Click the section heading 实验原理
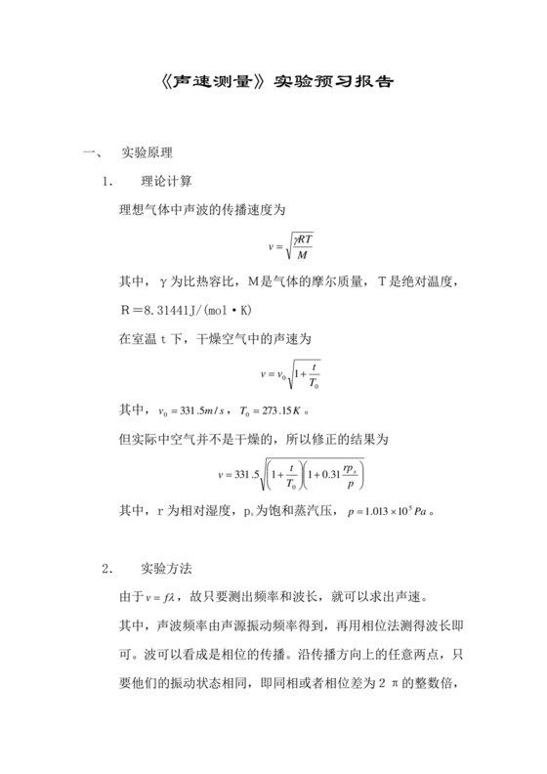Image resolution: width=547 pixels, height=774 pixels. point(147,154)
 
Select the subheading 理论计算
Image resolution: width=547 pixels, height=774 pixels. point(167,181)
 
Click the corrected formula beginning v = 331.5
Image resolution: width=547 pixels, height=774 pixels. point(292,474)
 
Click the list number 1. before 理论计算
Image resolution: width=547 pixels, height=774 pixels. point(108,181)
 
